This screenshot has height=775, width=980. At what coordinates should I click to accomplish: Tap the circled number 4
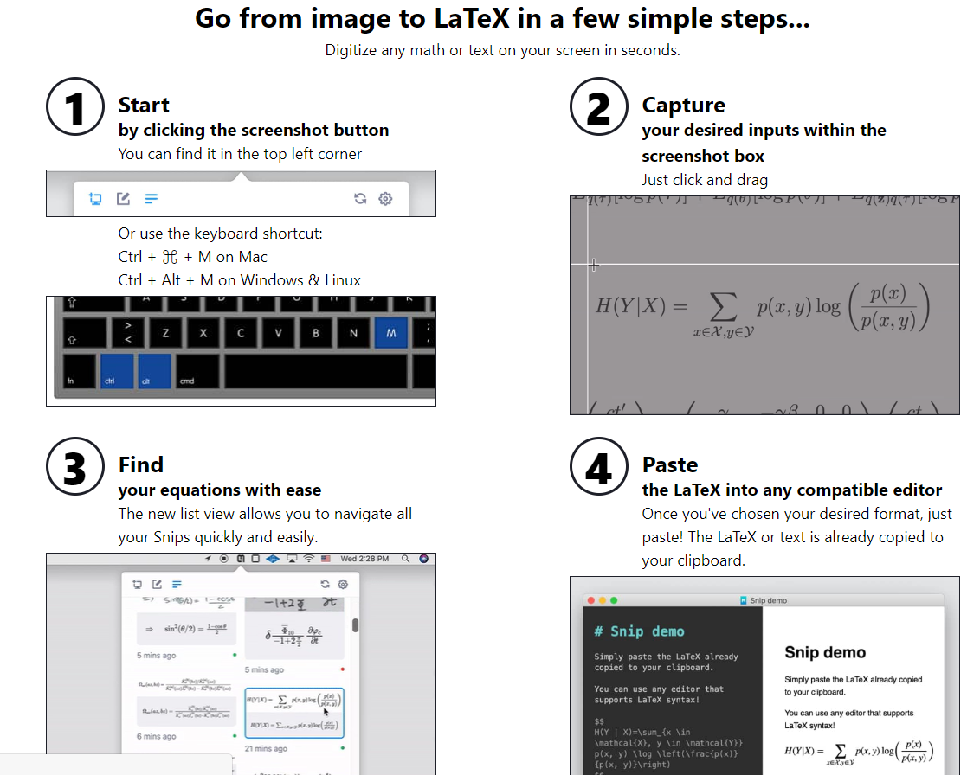click(598, 468)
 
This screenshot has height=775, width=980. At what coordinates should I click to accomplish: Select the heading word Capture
click(683, 106)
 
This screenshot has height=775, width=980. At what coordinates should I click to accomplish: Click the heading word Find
click(141, 464)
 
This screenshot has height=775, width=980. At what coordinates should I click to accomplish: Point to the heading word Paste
click(670, 464)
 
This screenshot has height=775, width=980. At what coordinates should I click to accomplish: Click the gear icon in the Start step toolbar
click(386, 199)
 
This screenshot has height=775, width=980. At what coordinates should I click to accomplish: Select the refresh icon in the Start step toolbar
click(360, 199)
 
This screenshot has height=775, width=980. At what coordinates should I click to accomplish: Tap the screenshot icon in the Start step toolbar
click(95, 199)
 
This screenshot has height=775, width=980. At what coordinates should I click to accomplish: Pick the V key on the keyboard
click(278, 333)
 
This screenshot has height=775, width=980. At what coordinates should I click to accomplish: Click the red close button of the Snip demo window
click(590, 600)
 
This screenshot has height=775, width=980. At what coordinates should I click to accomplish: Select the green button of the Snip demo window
click(615, 600)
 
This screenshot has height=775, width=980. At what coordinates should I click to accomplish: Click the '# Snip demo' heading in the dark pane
click(640, 631)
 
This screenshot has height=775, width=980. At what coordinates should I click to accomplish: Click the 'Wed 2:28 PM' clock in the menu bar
click(364, 559)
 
